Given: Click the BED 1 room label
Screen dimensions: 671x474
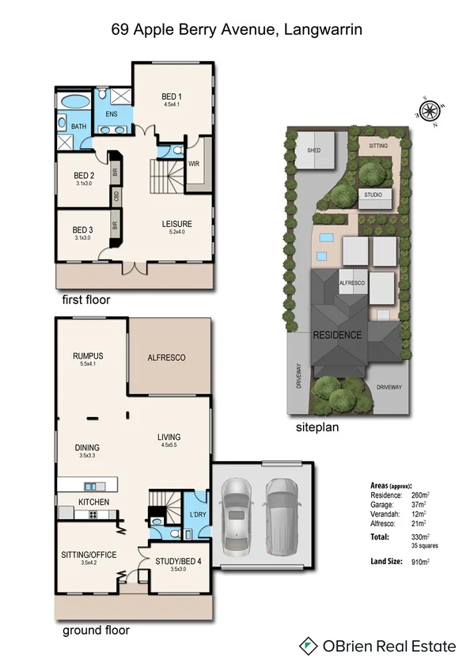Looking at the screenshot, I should pyautogui.click(x=172, y=97).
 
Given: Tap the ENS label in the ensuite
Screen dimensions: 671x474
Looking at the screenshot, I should pyautogui.click(x=111, y=113).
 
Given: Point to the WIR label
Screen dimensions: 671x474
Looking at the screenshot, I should pyautogui.click(x=193, y=164).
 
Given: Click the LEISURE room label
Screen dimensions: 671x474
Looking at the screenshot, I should pyautogui.click(x=177, y=224).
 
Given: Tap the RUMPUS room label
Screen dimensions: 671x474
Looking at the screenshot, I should pyautogui.click(x=89, y=356).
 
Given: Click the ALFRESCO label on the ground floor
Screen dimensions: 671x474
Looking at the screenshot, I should pyautogui.click(x=167, y=358).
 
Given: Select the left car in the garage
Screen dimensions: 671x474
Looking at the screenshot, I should pyautogui.click(x=237, y=518).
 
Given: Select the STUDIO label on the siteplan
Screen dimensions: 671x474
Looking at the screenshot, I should pyautogui.click(x=373, y=195).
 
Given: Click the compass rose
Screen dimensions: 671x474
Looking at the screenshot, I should pyautogui.click(x=433, y=108).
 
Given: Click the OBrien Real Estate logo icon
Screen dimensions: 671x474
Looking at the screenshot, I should pyautogui.click(x=308, y=646).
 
